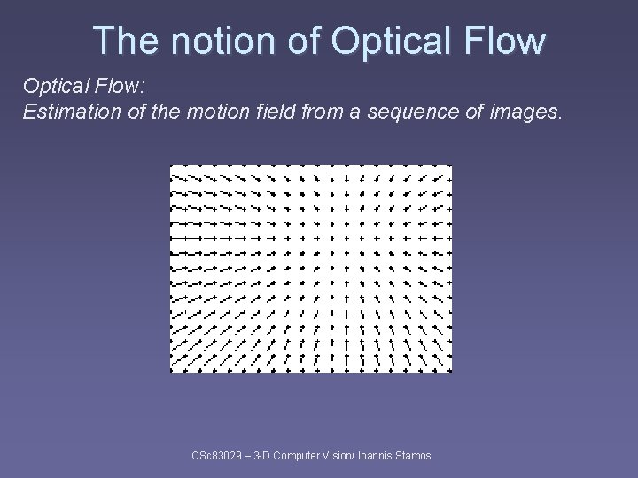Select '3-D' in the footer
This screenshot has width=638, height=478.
coord(263,455)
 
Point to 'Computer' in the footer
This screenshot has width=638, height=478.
coord(300,455)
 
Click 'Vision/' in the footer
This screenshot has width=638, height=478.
coord(342,455)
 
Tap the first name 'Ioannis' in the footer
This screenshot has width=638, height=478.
coord(379,455)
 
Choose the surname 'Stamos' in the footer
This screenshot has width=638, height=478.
coord(415,455)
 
